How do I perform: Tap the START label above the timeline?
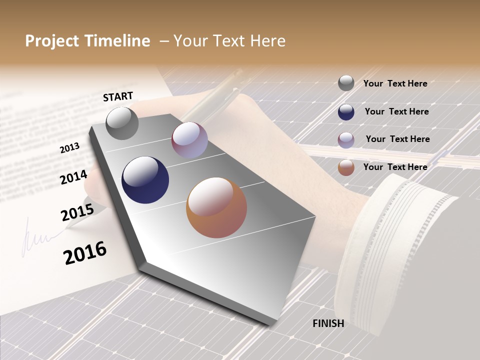[118, 96]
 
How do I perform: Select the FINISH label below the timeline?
[328, 323]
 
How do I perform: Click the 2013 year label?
[69, 148]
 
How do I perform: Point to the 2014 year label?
[74, 177]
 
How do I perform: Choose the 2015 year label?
[77, 212]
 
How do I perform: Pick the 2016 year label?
[85, 253]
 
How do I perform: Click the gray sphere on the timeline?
[122, 123]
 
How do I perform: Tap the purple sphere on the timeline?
[189, 140]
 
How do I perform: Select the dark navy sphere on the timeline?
[145, 180]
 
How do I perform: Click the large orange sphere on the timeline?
[216, 207]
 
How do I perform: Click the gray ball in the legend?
[346, 83]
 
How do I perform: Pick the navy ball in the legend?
[346, 112]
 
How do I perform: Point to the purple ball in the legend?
[346, 140]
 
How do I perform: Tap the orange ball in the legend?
[346, 167]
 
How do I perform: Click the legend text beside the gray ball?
[395, 83]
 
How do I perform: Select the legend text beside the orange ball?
[395, 167]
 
